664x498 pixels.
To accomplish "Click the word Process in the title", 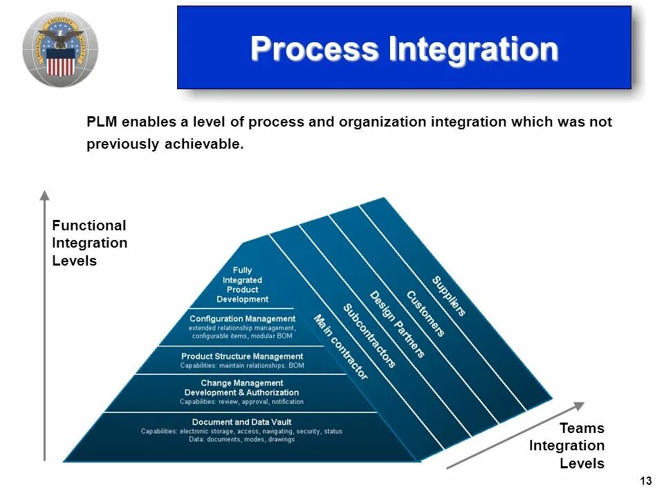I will pyautogui.click(x=315, y=49).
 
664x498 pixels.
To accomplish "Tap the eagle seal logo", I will pyautogui.click(x=59, y=49).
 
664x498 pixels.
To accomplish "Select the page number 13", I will pyautogui.click(x=646, y=481).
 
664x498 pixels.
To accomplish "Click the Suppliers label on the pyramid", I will pyautogui.click(x=449, y=295).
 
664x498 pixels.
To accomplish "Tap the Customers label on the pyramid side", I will pyautogui.click(x=425, y=314).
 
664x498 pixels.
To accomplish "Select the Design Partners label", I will pyautogui.click(x=396, y=324).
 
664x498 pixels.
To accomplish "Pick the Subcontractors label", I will pyautogui.click(x=369, y=335).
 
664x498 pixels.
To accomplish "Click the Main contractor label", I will pyautogui.click(x=341, y=347).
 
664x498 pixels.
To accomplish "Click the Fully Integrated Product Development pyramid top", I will pyautogui.click(x=242, y=284).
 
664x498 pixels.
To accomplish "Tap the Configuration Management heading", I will pyautogui.click(x=242, y=319).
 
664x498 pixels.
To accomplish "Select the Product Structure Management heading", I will pyautogui.click(x=242, y=356).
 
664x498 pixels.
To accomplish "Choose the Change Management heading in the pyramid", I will pyautogui.click(x=242, y=382).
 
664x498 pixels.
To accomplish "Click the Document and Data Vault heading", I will pyautogui.click(x=241, y=422).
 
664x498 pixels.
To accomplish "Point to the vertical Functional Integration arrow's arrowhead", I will pyautogui.click(x=45, y=195).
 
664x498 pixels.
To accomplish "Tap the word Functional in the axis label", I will pyautogui.click(x=89, y=225).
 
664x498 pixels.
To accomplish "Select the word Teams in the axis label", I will pyautogui.click(x=582, y=428).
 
